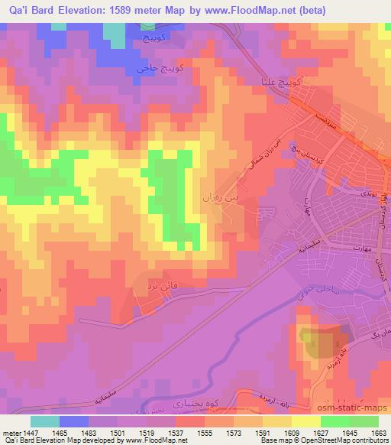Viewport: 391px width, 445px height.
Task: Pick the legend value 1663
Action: click(380, 432)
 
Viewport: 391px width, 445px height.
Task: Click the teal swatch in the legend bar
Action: click(45, 421)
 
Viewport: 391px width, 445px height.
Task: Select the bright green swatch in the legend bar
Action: click(333, 421)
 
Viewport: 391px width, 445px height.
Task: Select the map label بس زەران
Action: click(231, 197)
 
